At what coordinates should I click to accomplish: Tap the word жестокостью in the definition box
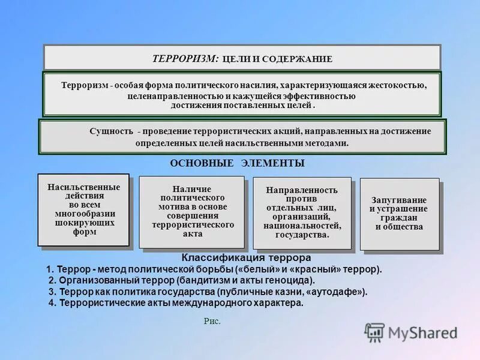tap(398, 85)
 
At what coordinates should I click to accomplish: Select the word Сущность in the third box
tap(112, 131)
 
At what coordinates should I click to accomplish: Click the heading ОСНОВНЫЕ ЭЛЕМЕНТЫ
tap(237, 163)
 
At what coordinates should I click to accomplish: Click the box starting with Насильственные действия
tap(83, 209)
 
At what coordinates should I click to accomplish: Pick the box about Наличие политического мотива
tap(191, 212)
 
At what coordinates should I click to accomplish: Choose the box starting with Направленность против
tap(302, 212)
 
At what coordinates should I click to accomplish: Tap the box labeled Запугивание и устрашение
tap(399, 214)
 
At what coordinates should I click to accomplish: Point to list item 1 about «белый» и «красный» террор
tap(214, 269)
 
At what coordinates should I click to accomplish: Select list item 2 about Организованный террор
tap(181, 280)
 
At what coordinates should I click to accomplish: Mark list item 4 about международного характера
tap(176, 303)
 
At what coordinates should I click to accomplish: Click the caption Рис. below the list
tap(212, 322)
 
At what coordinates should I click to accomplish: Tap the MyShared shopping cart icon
tap(374, 332)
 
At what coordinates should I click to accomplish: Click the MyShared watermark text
tap(423, 333)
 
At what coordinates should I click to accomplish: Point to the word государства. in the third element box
tap(302, 235)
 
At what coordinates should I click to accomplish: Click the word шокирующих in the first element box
tap(83, 223)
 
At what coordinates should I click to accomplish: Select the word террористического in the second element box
tap(192, 224)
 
